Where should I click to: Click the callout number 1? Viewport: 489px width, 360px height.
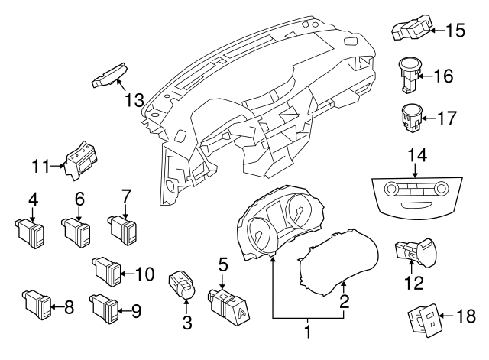point(309,332)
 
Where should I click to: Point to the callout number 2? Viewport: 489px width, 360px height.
point(345,301)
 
